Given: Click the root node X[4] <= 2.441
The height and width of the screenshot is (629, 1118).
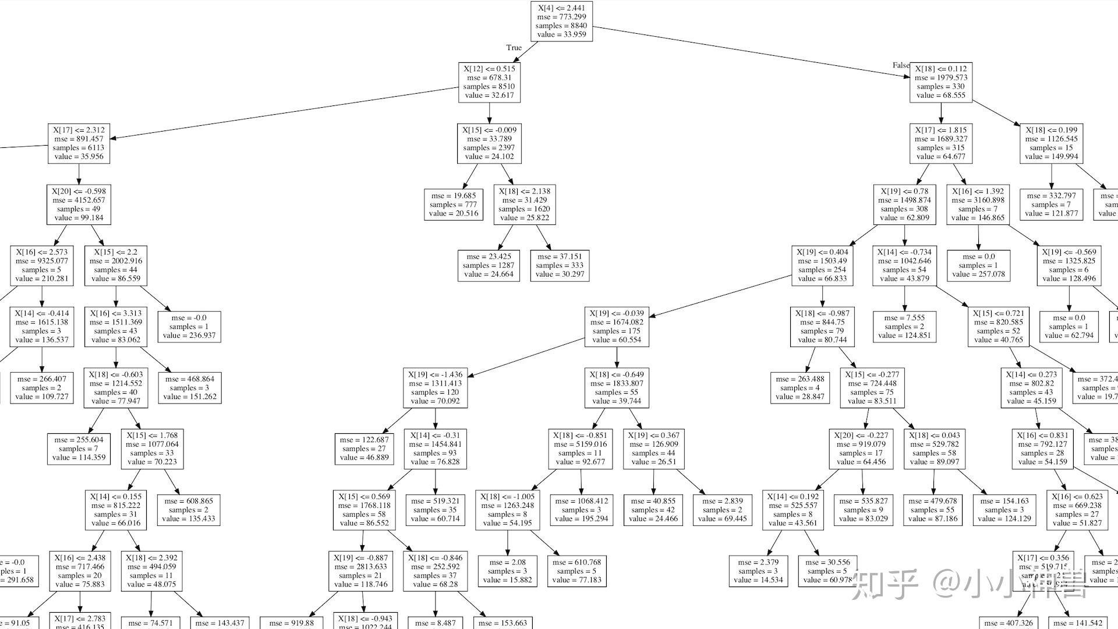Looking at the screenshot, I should click(x=561, y=22).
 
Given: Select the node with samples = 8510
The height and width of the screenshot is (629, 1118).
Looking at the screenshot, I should click(x=489, y=82).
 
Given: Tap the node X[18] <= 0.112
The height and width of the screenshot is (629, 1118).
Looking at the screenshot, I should click(x=941, y=82).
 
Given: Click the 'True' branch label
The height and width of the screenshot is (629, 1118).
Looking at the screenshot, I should click(x=514, y=48).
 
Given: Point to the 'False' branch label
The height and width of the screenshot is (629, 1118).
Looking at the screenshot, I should click(x=900, y=65).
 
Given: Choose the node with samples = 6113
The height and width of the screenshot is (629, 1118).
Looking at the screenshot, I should click(x=79, y=143).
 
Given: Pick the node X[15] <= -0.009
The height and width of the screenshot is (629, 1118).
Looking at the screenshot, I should click(x=489, y=143).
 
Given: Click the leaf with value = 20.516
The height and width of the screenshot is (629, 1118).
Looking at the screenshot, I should click(x=454, y=204).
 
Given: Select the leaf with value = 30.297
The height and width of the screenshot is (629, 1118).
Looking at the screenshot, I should click(x=560, y=266).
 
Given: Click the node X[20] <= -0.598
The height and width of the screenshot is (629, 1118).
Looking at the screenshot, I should click(x=79, y=204).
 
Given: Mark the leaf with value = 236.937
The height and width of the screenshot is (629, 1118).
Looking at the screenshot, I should click(x=189, y=327).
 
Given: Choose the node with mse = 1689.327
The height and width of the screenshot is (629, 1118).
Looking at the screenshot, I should click(x=941, y=143).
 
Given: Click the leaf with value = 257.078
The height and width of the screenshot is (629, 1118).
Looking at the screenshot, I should click(x=978, y=266).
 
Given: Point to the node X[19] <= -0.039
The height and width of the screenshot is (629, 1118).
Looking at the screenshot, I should click(x=617, y=327).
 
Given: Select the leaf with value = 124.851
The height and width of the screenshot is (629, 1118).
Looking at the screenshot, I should click(x=904, y=327).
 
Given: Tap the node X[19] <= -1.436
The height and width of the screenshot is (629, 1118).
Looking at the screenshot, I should click(x=435, y=388).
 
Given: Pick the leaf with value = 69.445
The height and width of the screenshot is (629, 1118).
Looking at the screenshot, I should click(x=722, y=510).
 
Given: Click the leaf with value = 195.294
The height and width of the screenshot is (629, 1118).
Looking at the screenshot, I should click(x=581, y=510).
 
